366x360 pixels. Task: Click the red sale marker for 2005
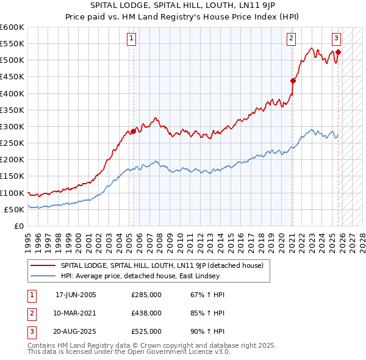[133, 131]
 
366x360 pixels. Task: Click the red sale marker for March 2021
[293, 81]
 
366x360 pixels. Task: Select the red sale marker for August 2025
[338, 52]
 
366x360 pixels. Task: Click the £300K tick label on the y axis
[12, 126]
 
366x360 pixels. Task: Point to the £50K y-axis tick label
[15, 209]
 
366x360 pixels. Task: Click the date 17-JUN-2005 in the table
[76, 295]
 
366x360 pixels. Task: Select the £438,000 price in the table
[146, 312]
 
